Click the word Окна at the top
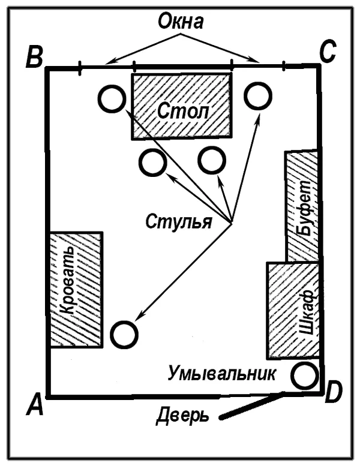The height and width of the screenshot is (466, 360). coord(181,22)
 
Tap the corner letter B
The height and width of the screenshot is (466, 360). coord(34,56)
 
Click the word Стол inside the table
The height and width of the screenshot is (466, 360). coord(183,112)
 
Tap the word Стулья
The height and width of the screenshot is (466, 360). coord(179,222)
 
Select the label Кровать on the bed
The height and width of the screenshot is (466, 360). coord(67,280)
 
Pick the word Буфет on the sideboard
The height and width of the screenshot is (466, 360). coord(304,208)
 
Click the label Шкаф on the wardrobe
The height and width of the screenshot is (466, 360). coord(307,312)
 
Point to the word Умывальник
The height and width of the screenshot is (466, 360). coord(221,374)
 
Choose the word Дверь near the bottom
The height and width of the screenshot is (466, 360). coord(182,416)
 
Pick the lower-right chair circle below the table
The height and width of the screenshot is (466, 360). coord(212,148)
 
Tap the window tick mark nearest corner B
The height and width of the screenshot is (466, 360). coord(79,68)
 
